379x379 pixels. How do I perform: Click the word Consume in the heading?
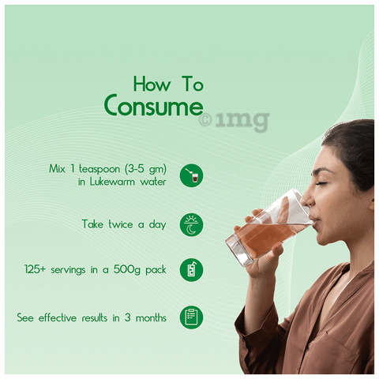point(154,105)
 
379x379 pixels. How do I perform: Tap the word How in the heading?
point(152,84)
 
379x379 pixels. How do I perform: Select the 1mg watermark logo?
point(234,121)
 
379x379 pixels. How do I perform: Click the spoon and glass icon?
point(191,175)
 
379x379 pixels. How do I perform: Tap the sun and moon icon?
point(191,224)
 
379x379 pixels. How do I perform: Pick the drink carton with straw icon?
point(191,270)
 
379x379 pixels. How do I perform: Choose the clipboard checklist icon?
point(191,317)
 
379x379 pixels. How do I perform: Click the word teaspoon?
point(99,169)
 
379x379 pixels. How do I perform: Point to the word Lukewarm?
point(112,182)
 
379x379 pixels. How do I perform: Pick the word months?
point(151,317)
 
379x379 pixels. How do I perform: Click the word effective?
point(58,317)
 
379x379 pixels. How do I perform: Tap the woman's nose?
point(306,199)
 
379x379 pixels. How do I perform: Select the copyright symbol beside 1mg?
point(205,121)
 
